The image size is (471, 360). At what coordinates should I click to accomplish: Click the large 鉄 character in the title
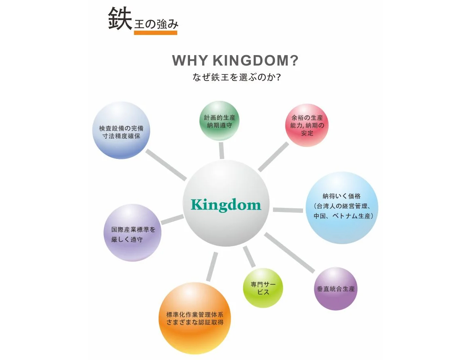[120, 19]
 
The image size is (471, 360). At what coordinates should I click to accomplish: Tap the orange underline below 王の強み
[155, 33]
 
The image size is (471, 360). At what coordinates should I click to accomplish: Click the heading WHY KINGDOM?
[235, 61]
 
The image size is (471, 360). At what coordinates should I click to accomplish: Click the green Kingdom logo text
[226, 205]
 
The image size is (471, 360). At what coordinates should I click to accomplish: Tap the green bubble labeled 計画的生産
[219, 121]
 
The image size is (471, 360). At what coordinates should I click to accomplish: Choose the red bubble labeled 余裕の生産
[307, 125]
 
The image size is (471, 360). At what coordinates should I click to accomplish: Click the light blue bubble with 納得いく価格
[342, 207]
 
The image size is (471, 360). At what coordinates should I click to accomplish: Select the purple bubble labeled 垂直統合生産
[335, 288]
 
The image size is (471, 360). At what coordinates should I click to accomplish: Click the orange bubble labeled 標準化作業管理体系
[195, 318]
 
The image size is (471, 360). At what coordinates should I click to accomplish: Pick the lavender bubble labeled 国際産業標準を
[133, 233]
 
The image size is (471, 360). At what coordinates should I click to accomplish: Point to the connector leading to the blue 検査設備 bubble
[166, 165]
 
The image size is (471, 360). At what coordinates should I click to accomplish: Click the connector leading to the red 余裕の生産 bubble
[273, 157]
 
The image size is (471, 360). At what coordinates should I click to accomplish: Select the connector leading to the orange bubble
[212, 267]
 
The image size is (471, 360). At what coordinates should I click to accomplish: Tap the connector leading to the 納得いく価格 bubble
[288, 210]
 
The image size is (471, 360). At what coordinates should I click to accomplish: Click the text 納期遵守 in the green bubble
[219, 125]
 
